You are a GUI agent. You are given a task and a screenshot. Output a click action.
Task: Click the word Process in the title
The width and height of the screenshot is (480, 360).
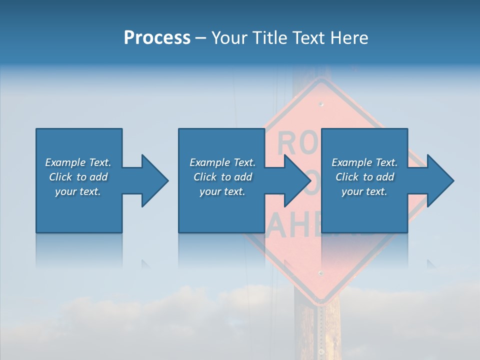click(x=157, y=38)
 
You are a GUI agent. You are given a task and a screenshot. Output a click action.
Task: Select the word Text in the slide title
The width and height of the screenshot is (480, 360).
click(x=307, y=38)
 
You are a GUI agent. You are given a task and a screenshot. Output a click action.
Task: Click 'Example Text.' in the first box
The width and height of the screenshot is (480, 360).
click(x=78, y=162)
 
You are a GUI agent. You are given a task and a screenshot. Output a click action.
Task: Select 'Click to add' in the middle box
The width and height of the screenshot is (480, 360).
click(x=222, y=177)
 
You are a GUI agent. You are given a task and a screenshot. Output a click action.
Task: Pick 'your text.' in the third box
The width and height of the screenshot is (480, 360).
click(x=364, y=191)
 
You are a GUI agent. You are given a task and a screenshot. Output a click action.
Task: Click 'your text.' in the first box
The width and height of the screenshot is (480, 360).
click(x=78, y=191)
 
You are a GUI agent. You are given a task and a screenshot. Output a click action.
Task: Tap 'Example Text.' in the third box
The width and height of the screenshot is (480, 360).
click(x=364, y=162)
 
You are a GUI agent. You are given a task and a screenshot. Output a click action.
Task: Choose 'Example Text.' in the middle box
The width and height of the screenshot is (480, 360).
click(x=222, y=162)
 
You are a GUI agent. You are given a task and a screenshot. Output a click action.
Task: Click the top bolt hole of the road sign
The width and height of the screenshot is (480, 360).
click(x=321, y=104)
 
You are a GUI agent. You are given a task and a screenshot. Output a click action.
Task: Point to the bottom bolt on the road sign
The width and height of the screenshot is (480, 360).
click(x=320, y=273)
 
